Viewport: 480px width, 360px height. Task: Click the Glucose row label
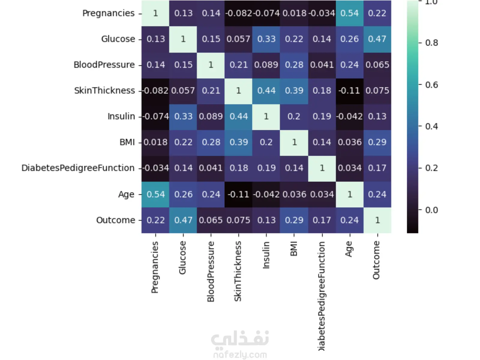click(118, 39)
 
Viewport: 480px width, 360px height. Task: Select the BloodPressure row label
click(104, 65)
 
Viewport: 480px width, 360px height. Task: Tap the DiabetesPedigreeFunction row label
click(78, 168)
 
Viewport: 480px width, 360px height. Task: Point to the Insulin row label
click(121, 116)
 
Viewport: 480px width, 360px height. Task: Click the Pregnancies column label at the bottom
click(155, 267)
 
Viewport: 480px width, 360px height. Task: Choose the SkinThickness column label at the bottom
click(238, 271)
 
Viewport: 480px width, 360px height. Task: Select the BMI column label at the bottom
click(294, 249)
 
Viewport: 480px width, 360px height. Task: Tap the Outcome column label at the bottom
click(376, 260)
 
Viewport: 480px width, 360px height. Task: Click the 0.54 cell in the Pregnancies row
click(349, 13)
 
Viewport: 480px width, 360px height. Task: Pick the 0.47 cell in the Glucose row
click(377, 39)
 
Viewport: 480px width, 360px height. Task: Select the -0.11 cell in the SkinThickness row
click(349, 91)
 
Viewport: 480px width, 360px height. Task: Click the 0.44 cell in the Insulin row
click(239, 116)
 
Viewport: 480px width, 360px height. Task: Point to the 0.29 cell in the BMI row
click(377, 142)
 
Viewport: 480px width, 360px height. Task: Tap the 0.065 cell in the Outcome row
click(211, 220)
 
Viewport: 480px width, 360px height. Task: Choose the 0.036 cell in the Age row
click(294, 194)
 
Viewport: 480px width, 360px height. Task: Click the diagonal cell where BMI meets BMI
click(294, 142)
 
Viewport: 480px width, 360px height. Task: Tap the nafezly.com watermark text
click(240, 355)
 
